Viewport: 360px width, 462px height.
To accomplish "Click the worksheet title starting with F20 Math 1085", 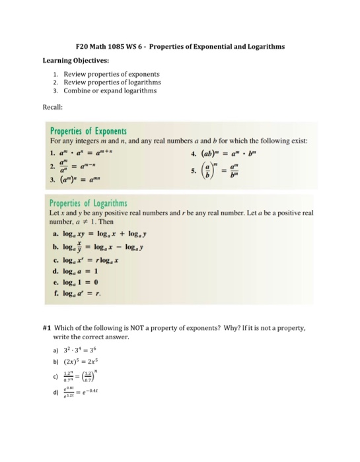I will [180, 48].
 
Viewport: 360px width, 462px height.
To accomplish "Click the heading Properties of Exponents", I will [89, 131].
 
